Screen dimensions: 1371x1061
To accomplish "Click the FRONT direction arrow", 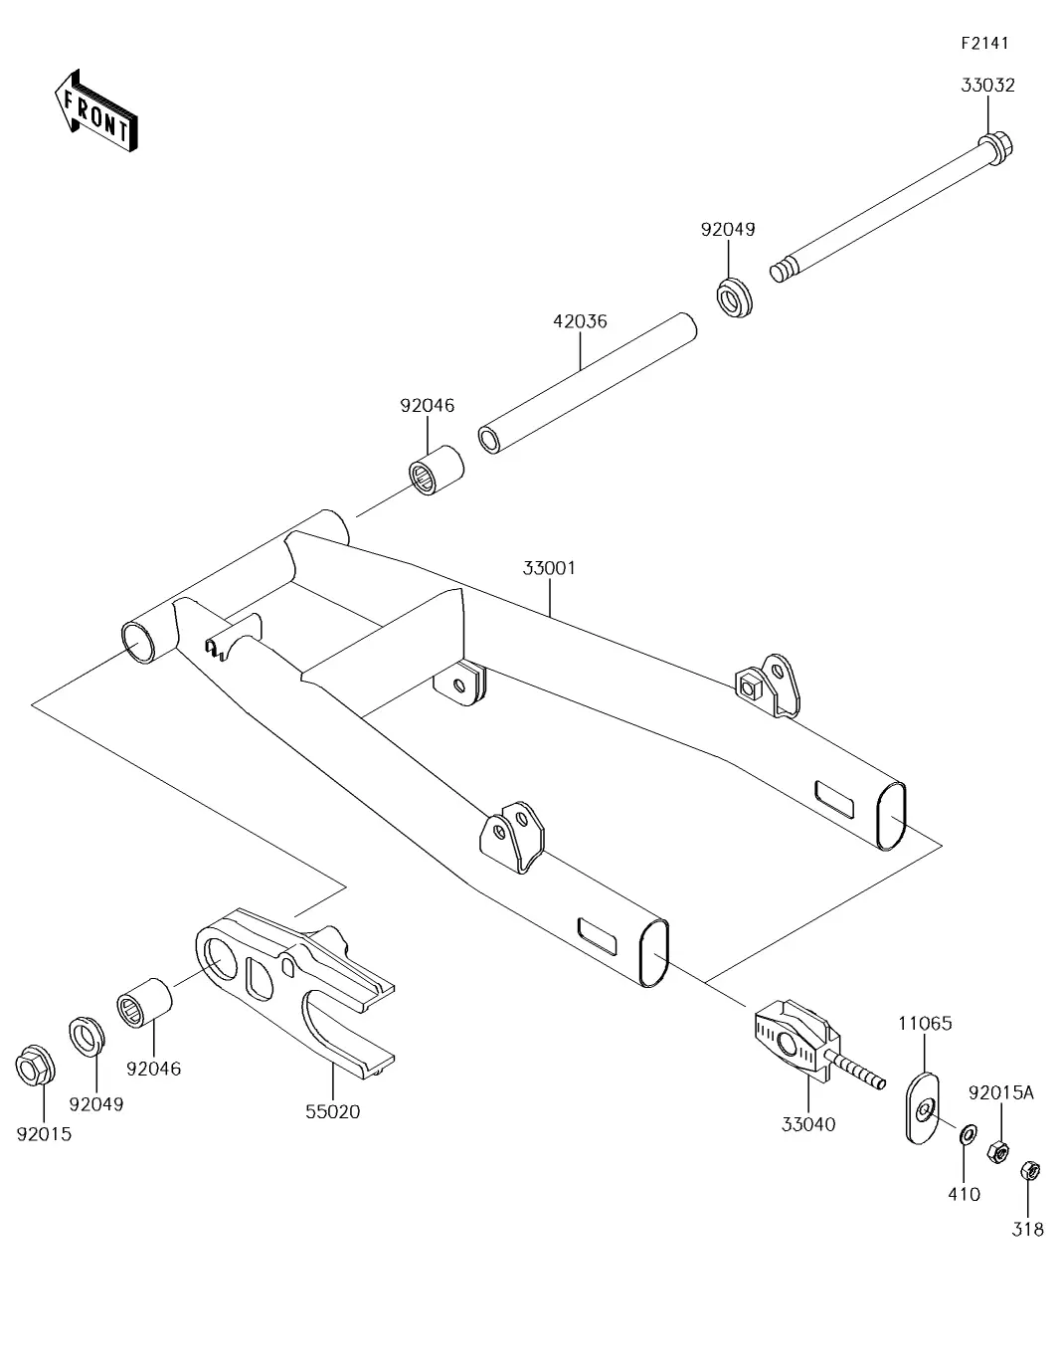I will point(95,111).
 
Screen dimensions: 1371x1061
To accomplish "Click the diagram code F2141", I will point(984,43).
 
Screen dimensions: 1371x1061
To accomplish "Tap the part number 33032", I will point(987,86).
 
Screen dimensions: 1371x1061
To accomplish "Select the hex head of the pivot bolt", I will point(997,150).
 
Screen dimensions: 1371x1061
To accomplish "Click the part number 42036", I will point(580,321).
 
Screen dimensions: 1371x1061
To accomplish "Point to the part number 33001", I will point(549,568).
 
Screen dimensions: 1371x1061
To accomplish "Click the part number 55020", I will point(332,1111).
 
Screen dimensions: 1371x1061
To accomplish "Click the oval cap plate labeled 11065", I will point(924,1105).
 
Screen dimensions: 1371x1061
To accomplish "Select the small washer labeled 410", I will point(965,1134).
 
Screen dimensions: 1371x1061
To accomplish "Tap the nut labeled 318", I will point(1030,1170).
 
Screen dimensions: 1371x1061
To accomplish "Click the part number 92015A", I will point(1001,1093).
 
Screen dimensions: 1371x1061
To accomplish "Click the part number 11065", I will point(925,1022).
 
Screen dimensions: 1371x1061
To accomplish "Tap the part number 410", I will point(965,1194).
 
